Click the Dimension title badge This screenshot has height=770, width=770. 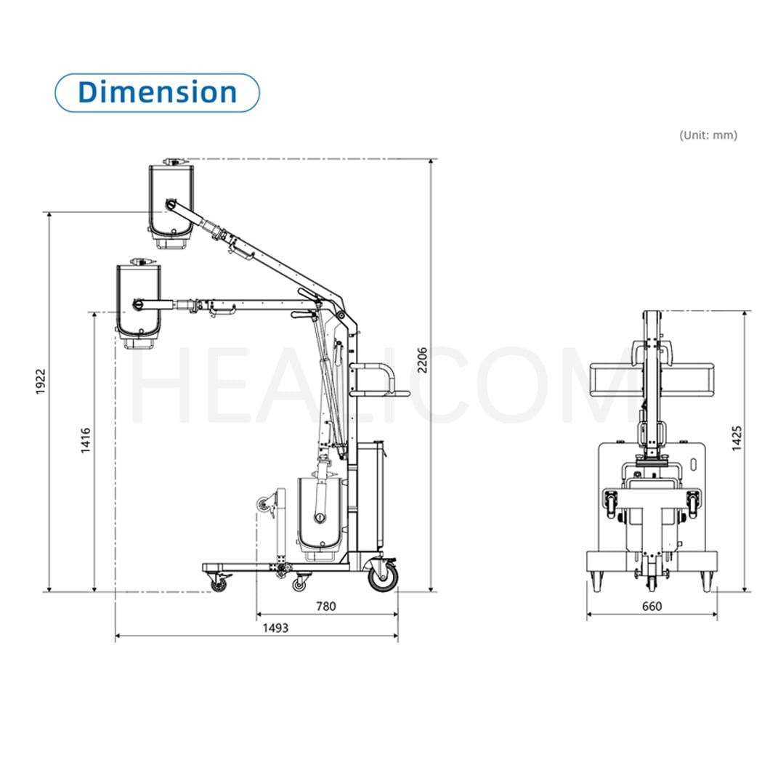(157, 93)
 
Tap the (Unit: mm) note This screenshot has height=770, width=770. (708, 135)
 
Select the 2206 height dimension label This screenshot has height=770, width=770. (422, 360)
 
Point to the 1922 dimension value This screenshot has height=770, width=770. (40, 381)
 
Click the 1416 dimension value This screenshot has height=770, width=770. (86, 440)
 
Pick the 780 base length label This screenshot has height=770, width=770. (326, 607)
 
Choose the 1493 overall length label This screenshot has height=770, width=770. (275, 628)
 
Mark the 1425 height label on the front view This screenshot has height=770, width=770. (737, 439)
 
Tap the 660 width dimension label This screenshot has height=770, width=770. (652, 607)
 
